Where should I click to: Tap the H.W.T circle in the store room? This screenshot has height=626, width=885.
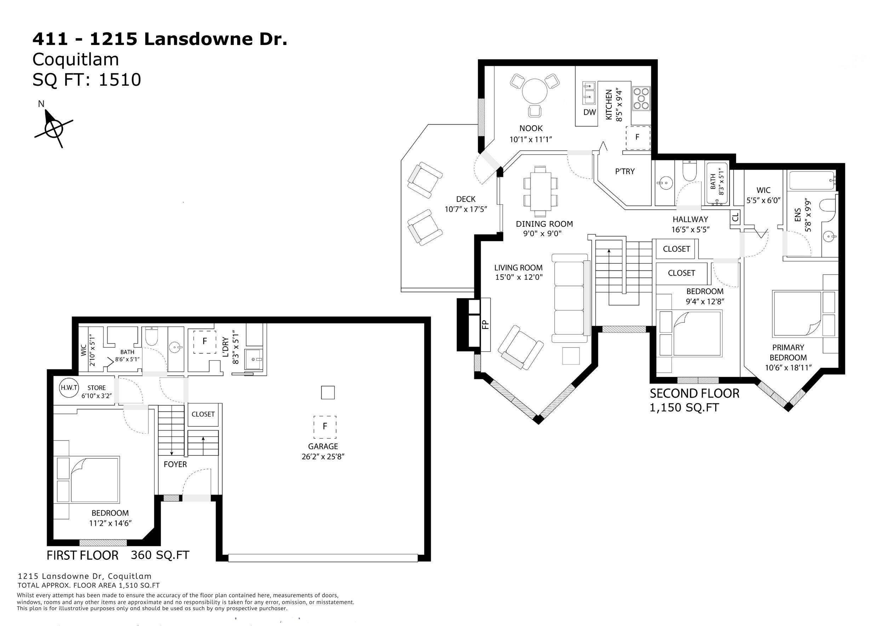point(69,388)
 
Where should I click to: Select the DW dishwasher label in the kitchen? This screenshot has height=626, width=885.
point(589,112)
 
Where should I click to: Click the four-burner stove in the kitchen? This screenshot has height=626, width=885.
point(641,98)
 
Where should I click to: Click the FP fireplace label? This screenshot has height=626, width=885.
point(485,325)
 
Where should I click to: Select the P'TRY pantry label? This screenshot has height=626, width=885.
point(624,171)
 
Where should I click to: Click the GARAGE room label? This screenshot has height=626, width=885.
point(323,446)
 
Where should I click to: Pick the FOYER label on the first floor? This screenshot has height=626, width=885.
point(175,465)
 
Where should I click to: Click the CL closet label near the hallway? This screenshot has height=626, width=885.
point(736,217)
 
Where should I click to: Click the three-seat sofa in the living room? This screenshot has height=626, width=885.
point(570,298)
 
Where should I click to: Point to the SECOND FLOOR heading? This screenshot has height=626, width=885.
point(695,394)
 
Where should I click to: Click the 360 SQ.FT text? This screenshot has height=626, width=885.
point(160,555)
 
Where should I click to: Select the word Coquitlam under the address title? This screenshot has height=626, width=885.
point(75,59)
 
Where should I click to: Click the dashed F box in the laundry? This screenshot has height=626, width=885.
point(204,342)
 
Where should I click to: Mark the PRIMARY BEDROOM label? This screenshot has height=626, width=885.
point(788,352)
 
